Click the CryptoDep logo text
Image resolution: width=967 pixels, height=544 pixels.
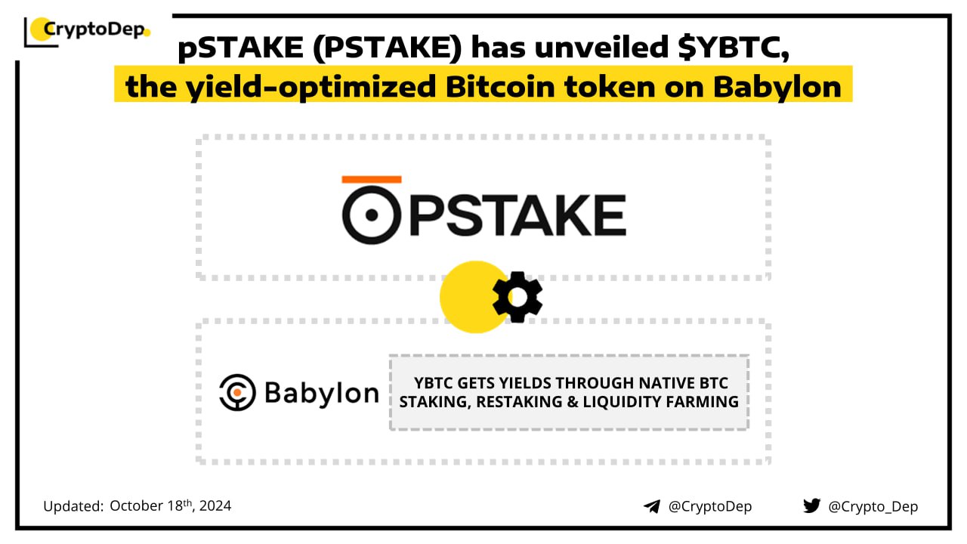pyautogui.click(x=94, y=29)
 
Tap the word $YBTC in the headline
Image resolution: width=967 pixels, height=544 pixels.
pyautogui.click(x=734, y=47)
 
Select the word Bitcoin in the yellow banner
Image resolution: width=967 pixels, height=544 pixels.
pyautogui.click(x=500, y=87)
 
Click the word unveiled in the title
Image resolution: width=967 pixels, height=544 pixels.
pyautogui.click(x=602, y=47)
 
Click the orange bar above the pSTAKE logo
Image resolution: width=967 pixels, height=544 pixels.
pyautogui.click(x=372, y=179)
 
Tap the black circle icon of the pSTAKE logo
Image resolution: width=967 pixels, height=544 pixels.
pyautogui.click(x=372, y=215)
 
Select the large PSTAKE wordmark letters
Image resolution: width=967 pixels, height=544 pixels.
pyautogui.click(x=517, y=215)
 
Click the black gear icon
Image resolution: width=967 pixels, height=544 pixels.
pyautogui.click(x=517, y=297)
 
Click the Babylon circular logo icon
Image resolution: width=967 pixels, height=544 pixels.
pyautogui.click(x=237, y=392)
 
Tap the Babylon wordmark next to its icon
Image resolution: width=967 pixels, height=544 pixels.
pyautogui.click(x=322, y=394)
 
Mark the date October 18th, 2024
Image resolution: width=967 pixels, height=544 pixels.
pyautogui.click(x=171, y=505)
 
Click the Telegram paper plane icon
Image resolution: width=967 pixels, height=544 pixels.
pyautogui.click(x=652, y=506)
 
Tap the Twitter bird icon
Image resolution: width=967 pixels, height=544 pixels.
pyautogui.click(x=811, y=505)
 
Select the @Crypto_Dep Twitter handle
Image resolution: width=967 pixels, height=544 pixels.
pyautogui.click(x=873, y=506)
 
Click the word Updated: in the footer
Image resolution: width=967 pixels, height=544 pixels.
pyautogui.click(x=73, y=506)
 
